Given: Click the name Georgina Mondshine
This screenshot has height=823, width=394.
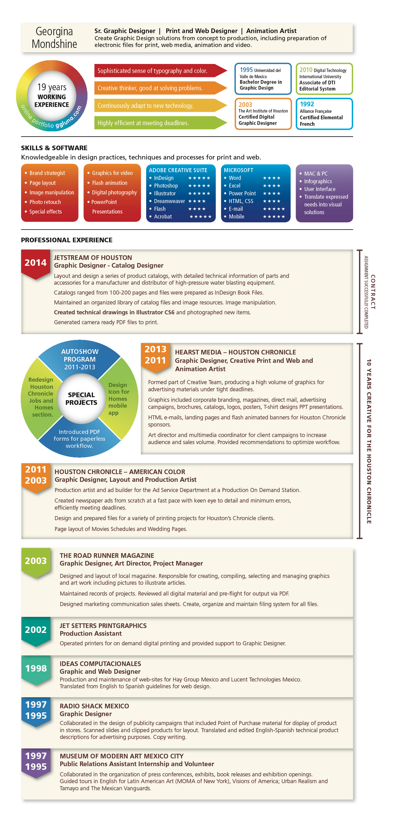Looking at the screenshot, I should (x=54, y=38).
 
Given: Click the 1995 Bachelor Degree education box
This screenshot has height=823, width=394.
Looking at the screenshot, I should (x=263, y=79).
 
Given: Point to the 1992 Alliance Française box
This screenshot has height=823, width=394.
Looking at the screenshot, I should (x=324, y=114).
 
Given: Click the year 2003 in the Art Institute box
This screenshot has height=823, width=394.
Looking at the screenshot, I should (x=245, y=105).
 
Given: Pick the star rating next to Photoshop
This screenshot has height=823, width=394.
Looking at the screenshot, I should (x=199, y=186).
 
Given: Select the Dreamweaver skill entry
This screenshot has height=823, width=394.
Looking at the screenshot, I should (x=169, y=201).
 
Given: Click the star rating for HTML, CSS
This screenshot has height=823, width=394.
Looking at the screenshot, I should (x=271, y=201).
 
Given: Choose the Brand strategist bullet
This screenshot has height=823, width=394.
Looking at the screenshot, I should (x=47, y=173).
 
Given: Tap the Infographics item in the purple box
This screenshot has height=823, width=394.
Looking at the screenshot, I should (x=318, y=181).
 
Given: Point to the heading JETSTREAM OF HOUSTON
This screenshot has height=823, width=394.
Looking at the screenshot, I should (x=93, y=257).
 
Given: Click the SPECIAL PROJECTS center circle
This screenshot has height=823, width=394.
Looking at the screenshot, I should (x=81, y=399).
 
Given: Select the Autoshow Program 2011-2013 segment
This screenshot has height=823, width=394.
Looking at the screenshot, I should (x=79, y=359).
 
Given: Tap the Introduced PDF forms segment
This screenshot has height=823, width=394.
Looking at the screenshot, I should (x=79, y=439).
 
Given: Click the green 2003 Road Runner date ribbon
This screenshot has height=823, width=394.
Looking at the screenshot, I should (x=36, y=561).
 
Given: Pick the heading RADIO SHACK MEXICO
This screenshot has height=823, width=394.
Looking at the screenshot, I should (x=94, y=706).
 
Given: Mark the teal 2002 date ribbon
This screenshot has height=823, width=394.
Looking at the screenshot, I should (x=36, y=630).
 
